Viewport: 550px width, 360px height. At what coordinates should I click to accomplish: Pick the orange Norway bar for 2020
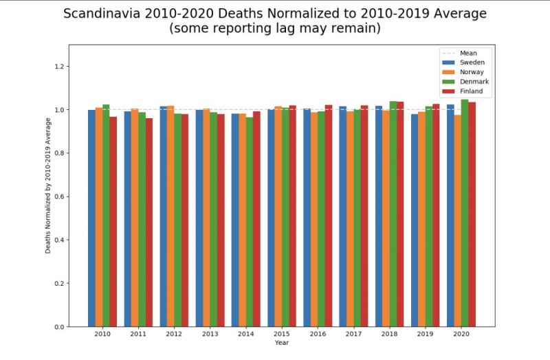point(457,221)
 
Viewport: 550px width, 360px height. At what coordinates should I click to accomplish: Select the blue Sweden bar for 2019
point(415,220)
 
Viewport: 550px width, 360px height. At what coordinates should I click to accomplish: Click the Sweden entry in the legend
point(466,62)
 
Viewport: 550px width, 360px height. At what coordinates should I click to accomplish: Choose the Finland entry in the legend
point(466,91)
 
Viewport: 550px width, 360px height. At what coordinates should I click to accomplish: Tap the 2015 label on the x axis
point(282,335)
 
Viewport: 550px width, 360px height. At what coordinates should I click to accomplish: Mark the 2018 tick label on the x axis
point(389,335)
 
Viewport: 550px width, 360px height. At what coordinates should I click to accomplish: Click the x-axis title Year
point(282,343)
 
